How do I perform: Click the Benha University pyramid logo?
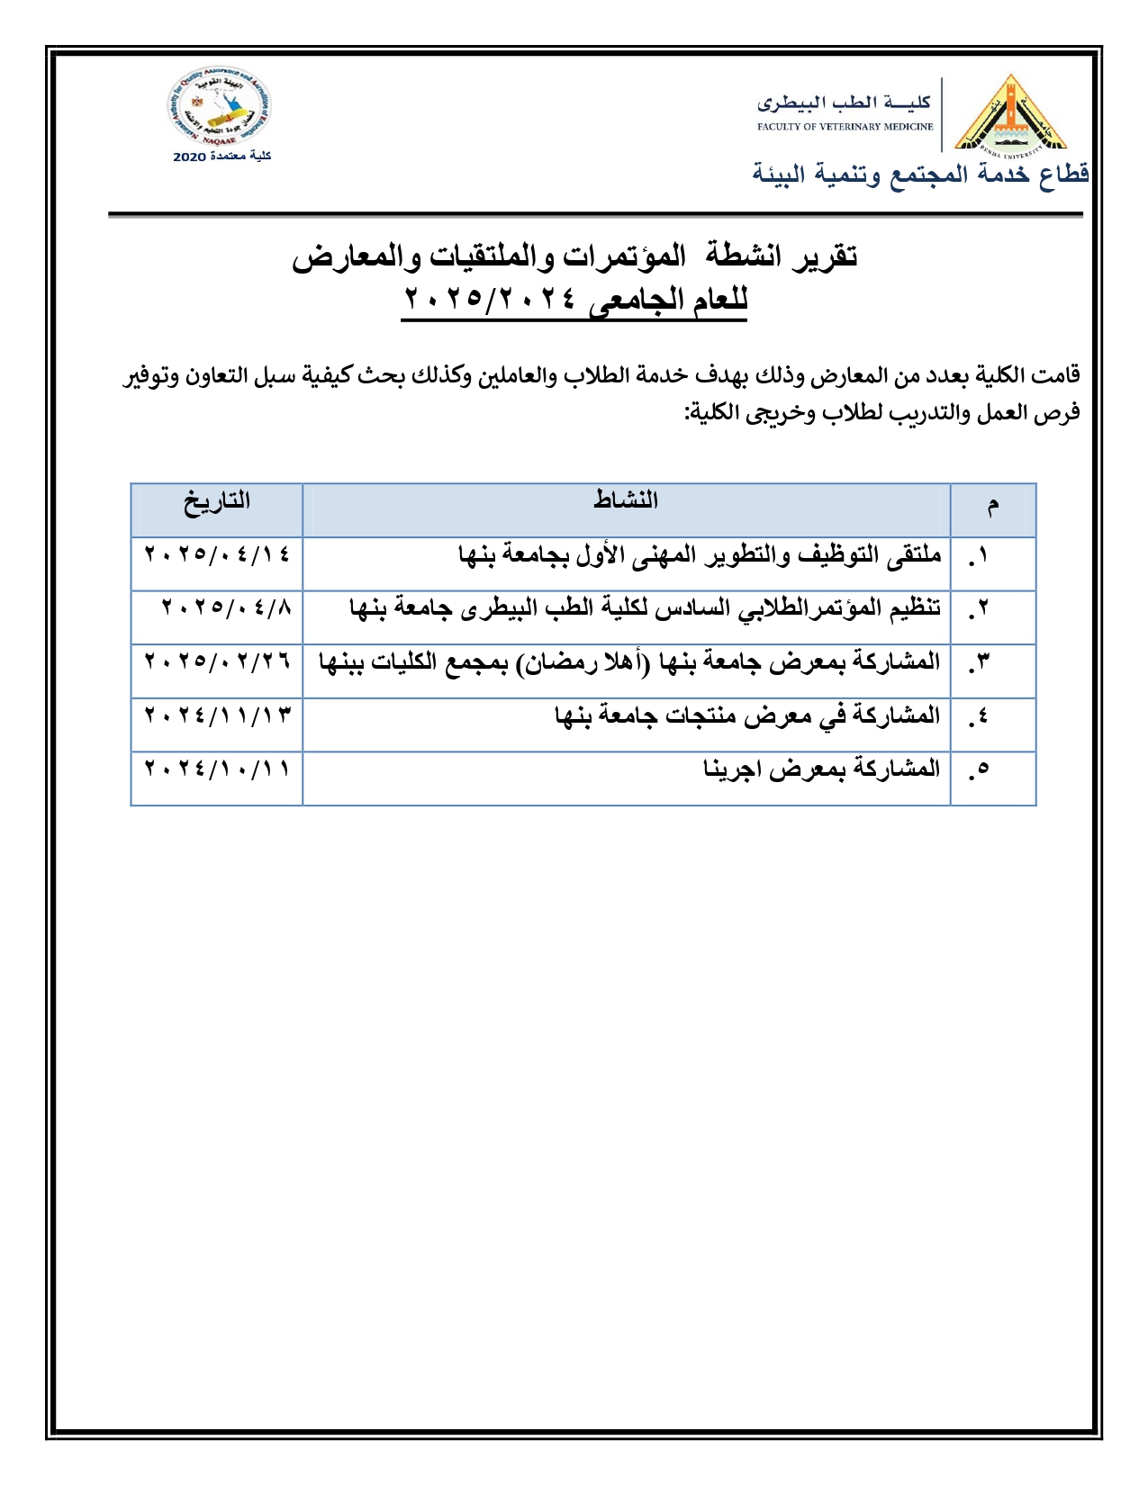[1010, 115]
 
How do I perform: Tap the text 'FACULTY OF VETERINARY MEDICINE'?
[845, 127]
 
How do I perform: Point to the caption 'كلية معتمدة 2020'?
[221, 157]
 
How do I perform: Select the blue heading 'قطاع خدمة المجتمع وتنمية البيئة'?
[920, 174]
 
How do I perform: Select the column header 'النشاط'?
[626, 500]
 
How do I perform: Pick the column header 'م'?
[993, 506]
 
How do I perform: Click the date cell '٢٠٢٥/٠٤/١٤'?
[217, 553]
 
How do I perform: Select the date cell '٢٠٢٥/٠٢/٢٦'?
[217, 661]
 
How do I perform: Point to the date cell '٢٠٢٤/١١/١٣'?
[217, 715]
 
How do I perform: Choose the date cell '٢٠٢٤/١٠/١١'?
[217, 769]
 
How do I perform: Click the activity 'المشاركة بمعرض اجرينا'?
[821, 769]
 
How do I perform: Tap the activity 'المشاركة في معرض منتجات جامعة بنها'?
[747, 716]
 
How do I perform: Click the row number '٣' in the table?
[981, 663]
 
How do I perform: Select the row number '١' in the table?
[981, 556]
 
